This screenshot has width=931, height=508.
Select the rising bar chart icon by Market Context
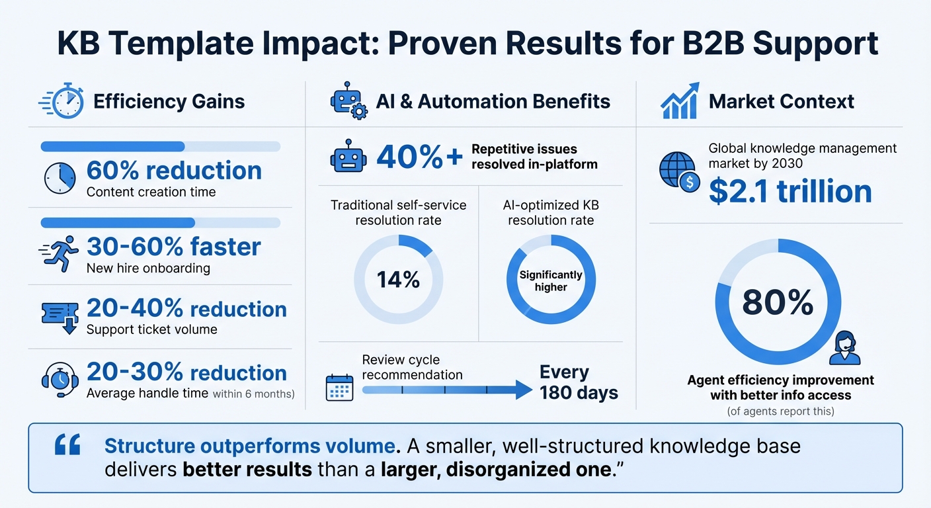tap(680, 101)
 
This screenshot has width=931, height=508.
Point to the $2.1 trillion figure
tap(790, 191)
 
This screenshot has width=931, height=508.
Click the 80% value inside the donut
tap(778, 302)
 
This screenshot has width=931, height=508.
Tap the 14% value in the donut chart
tap(398, 280)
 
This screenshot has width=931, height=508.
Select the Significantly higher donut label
tap(551, 280)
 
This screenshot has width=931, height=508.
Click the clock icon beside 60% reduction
tap(60, 178)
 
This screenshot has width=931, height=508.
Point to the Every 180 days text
tap(578, 382)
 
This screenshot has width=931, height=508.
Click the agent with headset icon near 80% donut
tap(844, 349)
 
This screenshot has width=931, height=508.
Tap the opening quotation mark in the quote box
tap(67, 446)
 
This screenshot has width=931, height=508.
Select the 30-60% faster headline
tap(173, 247)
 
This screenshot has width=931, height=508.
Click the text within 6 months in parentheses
tap(253, 394)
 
